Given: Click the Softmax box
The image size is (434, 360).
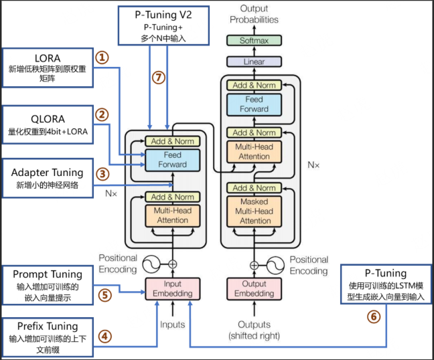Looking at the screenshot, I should click(x=254, y=40).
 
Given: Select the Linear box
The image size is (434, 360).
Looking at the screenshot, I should click(x=254, y=62).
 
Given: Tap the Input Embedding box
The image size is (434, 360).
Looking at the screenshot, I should click(x=173, y=288).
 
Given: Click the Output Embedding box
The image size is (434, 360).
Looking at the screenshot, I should click(x=254, y=288).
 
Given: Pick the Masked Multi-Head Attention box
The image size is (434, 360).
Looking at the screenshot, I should click(x=255, y=211).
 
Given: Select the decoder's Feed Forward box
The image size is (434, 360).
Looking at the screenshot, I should click(x=255, y=104).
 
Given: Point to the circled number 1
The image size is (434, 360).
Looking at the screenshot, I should click(x=102, y=58).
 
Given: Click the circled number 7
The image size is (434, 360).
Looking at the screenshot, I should click(x=158, y=78).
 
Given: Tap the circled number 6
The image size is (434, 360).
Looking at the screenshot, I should click(x=373, y=317).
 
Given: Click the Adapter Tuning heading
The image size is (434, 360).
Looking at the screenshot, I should click(x=48, y=173).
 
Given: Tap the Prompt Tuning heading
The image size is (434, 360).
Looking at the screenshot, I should click(x=48, y=274).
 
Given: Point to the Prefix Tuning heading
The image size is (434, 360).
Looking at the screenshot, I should click(x=48, y=327).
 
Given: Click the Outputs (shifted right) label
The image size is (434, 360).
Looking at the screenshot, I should click(x=254, y=330).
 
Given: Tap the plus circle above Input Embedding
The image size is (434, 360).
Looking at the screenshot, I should click(x=173, y=264).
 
